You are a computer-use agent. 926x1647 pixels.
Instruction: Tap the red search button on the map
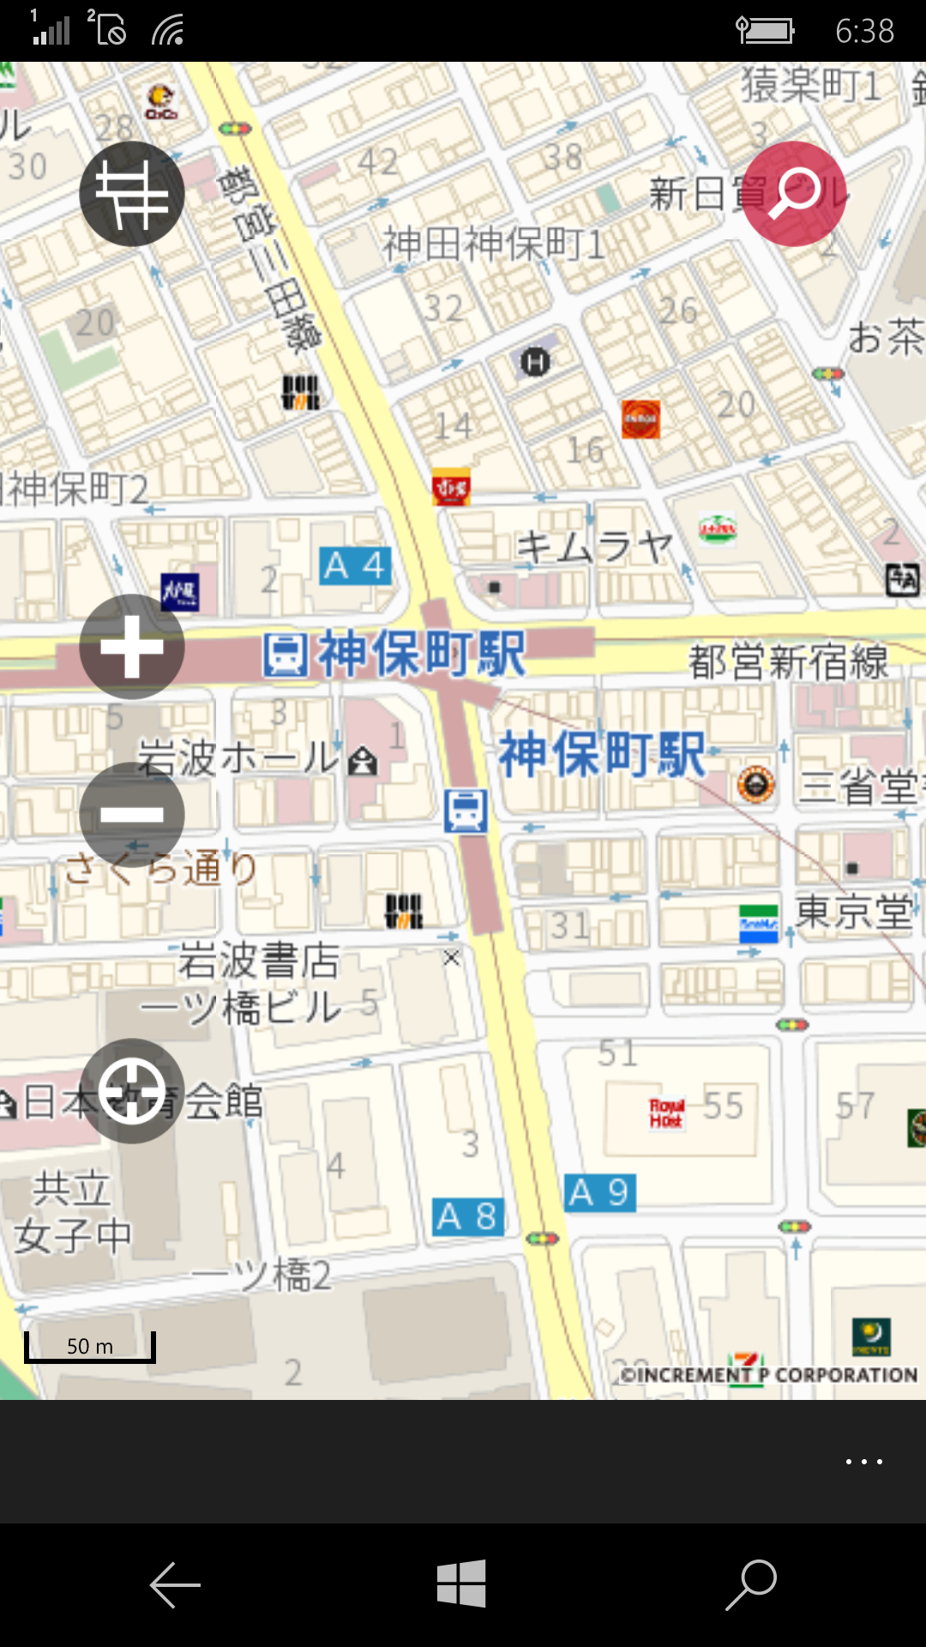[x=794, y=194]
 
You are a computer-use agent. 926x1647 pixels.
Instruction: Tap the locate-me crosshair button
[x=132, y=1091]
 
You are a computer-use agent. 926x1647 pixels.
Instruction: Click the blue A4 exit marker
[x=355, y=566]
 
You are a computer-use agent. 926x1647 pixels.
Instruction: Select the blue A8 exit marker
[x=467, y=1217]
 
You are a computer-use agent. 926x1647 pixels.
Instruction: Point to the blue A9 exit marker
[x=599, y=1192]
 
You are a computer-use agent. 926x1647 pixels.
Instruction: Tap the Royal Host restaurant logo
[x=666, y=1113]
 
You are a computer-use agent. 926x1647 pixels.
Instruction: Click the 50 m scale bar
[x=90, y=1347]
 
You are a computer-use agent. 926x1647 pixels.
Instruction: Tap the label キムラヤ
[x=594, y=546]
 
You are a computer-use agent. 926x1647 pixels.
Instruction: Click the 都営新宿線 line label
[x=788, y=662]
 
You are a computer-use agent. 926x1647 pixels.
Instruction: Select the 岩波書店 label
[x=259, y=960]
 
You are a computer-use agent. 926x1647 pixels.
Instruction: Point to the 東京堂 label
[x=854, y=911]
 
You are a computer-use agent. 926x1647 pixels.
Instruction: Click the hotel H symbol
[x=535, y=362]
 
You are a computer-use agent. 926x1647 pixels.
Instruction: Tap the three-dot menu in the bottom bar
[x=863, y=1462]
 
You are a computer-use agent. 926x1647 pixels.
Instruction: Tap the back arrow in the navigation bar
[x=175, y=1584]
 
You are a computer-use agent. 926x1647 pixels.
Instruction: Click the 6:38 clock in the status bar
[x=864, y=32]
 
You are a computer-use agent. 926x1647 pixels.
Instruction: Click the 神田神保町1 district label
[x=493, y=244]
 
